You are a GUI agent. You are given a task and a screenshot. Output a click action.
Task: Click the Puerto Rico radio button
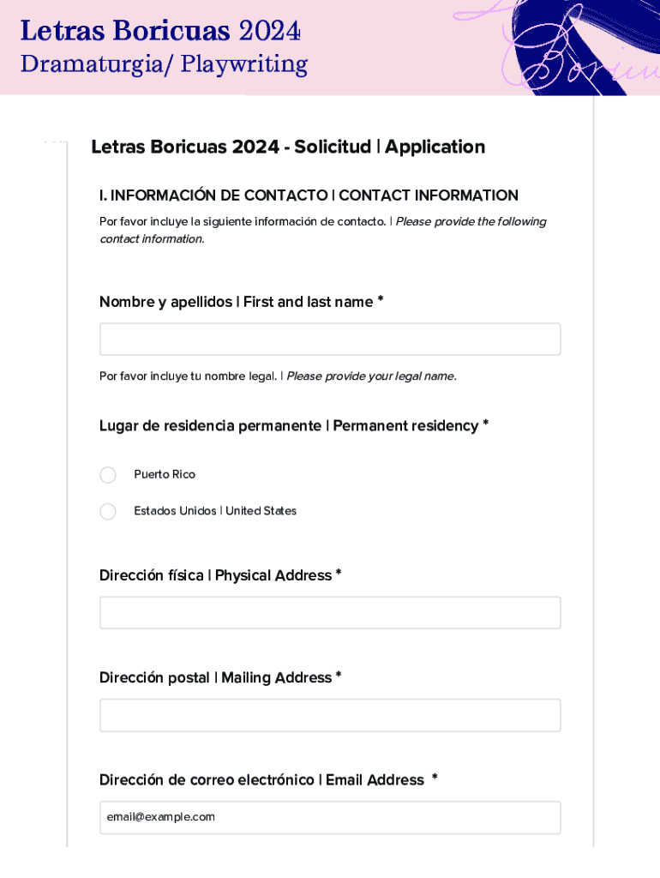click(108, 475)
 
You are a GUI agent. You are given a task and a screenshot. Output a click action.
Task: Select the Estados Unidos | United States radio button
click(108, 512)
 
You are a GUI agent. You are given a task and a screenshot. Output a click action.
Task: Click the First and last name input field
click(330, 340)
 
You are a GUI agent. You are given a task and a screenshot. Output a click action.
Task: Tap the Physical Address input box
click(330, 613)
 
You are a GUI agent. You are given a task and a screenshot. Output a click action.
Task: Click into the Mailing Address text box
click(330, 715)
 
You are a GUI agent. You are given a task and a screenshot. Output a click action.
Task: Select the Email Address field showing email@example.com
click(330, 817)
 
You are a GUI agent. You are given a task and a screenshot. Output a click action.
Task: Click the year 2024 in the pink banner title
click(270, 32)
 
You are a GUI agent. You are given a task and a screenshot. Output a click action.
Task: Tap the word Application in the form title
click(435, 147)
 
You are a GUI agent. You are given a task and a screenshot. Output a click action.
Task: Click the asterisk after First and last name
click(381, 301)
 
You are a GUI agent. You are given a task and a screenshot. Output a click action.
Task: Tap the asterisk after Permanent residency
click(486, 425)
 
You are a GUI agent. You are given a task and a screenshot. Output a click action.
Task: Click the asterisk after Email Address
click(435, 779)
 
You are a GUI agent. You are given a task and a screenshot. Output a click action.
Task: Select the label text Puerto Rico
click(165, 475)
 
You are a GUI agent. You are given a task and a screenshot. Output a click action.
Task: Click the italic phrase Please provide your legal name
click(371, 376)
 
